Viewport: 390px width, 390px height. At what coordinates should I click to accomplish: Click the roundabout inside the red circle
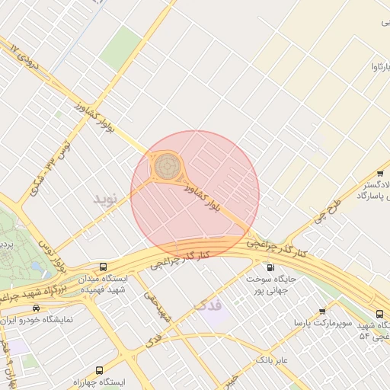tap(167, 165)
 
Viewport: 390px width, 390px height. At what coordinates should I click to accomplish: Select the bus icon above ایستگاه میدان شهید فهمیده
tap(103, 267)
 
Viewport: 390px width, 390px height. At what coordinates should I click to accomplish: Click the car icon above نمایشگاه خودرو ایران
tap(36, 308)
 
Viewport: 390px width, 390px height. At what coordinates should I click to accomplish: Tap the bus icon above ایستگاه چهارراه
tap(120, 371)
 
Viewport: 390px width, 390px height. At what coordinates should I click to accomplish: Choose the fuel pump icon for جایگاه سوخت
tap(270, 267)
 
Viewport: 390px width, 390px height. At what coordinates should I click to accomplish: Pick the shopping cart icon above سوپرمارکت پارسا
tap(322, 312)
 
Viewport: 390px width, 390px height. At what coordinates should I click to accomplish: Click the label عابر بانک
tap(272, 359)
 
